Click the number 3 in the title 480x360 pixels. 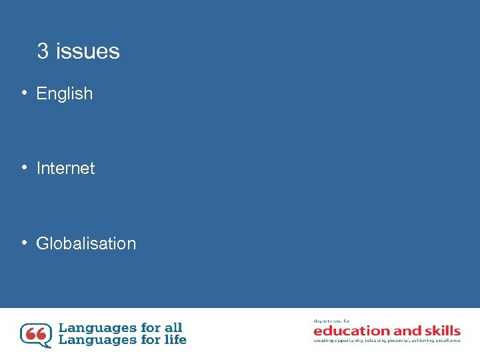[x=43, y=51]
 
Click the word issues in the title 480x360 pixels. [x=88, y=51]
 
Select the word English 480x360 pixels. [x=65, y=94]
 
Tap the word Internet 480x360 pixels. [x=65, y=169]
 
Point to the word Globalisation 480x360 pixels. [x=86, y=244]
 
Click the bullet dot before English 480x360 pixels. [x=24, y=93]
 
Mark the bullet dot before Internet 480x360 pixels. [x=24, y=168]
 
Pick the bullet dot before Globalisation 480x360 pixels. [x=24, y=243]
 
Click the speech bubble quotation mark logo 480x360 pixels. [x=35, y=335]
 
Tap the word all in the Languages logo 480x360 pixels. [x=173, y=327]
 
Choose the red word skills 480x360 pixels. [x=441, y=331]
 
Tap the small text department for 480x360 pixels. [x=332, y=321]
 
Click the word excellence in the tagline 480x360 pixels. [x=445, y=341]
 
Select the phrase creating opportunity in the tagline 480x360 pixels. [x=338, y=341]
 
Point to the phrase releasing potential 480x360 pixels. [x=387, y=341]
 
